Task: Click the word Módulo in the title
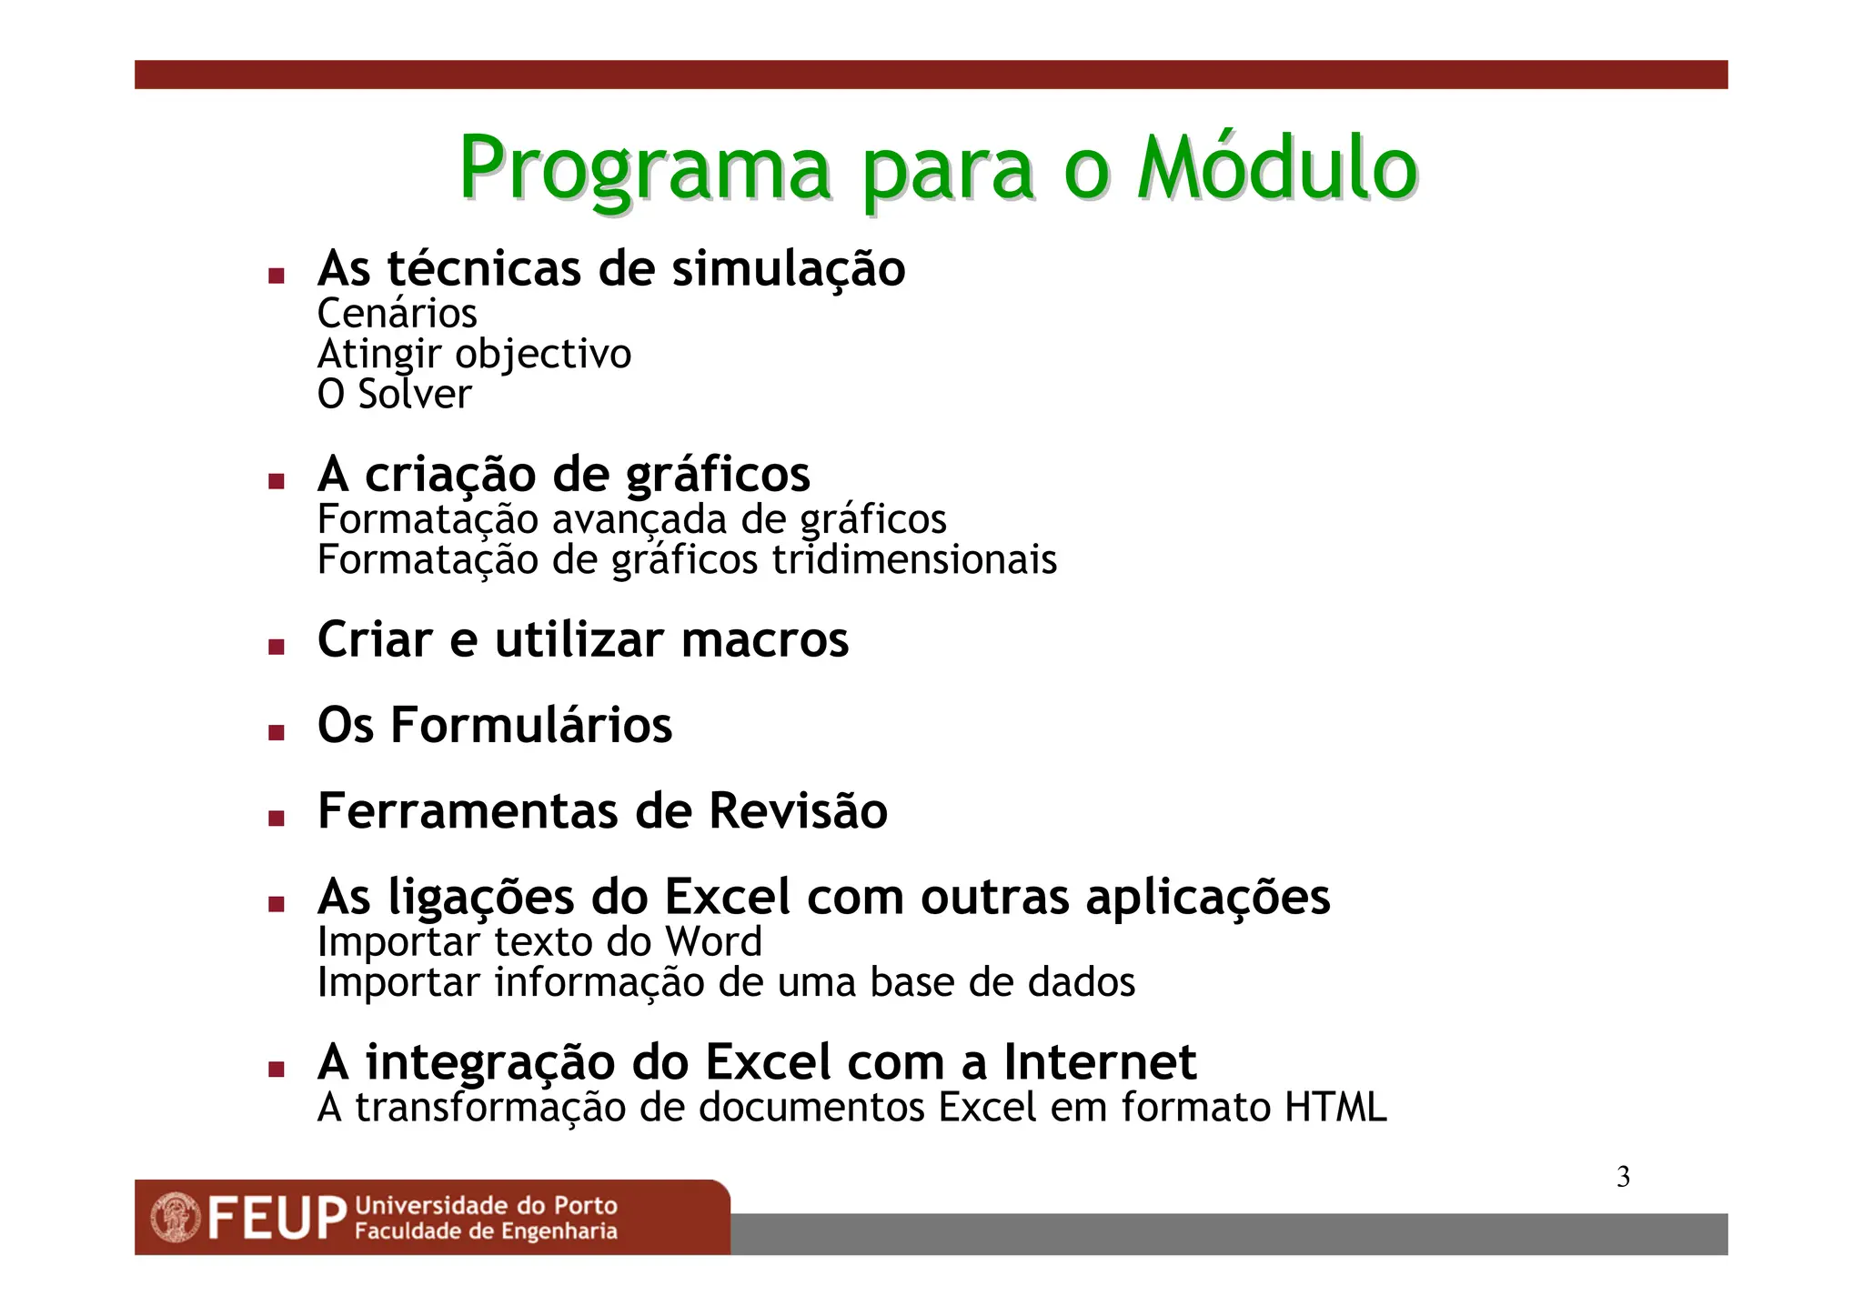[x=1277, y=168]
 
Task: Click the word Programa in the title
[x=644, y=170]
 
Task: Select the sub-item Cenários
[x=397, y=314]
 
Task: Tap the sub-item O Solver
[x=394, y=395]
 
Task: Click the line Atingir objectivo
[x=473, y=354]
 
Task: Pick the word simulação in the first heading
[x=788, y=269]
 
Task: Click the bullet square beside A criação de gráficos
[x=277, y=481]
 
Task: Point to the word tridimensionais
[x=914, y=559]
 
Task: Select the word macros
[x=764, y=639]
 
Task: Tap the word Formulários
[x=531, y=725]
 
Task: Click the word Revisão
[x=797, y=810]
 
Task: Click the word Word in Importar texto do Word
[x=713, y=941]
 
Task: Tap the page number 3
[x=1623, y=1177]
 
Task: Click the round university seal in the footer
[x=176, y=1218]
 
